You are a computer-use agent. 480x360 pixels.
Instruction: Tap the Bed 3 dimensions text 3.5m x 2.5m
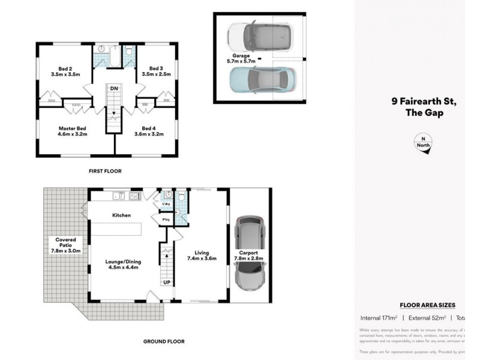(156, 74)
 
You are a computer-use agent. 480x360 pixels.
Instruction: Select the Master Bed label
(73, 128)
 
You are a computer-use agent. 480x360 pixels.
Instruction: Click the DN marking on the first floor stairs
(113, 89)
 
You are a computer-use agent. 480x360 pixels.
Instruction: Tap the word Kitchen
(121, 215)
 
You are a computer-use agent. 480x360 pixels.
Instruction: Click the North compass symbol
(424, 145)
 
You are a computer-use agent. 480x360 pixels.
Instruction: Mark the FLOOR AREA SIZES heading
(427, 305)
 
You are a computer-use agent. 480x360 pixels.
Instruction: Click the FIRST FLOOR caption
(105, 171)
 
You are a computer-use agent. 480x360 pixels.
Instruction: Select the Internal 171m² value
(379, 318)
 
